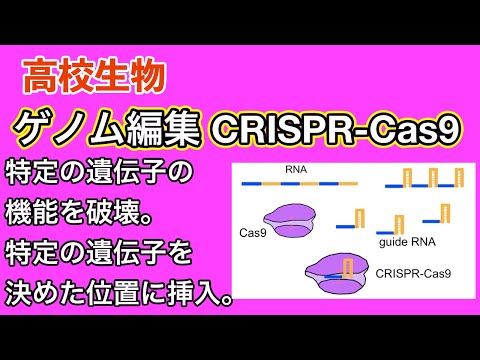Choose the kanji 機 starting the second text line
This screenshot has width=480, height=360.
(21, 212)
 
